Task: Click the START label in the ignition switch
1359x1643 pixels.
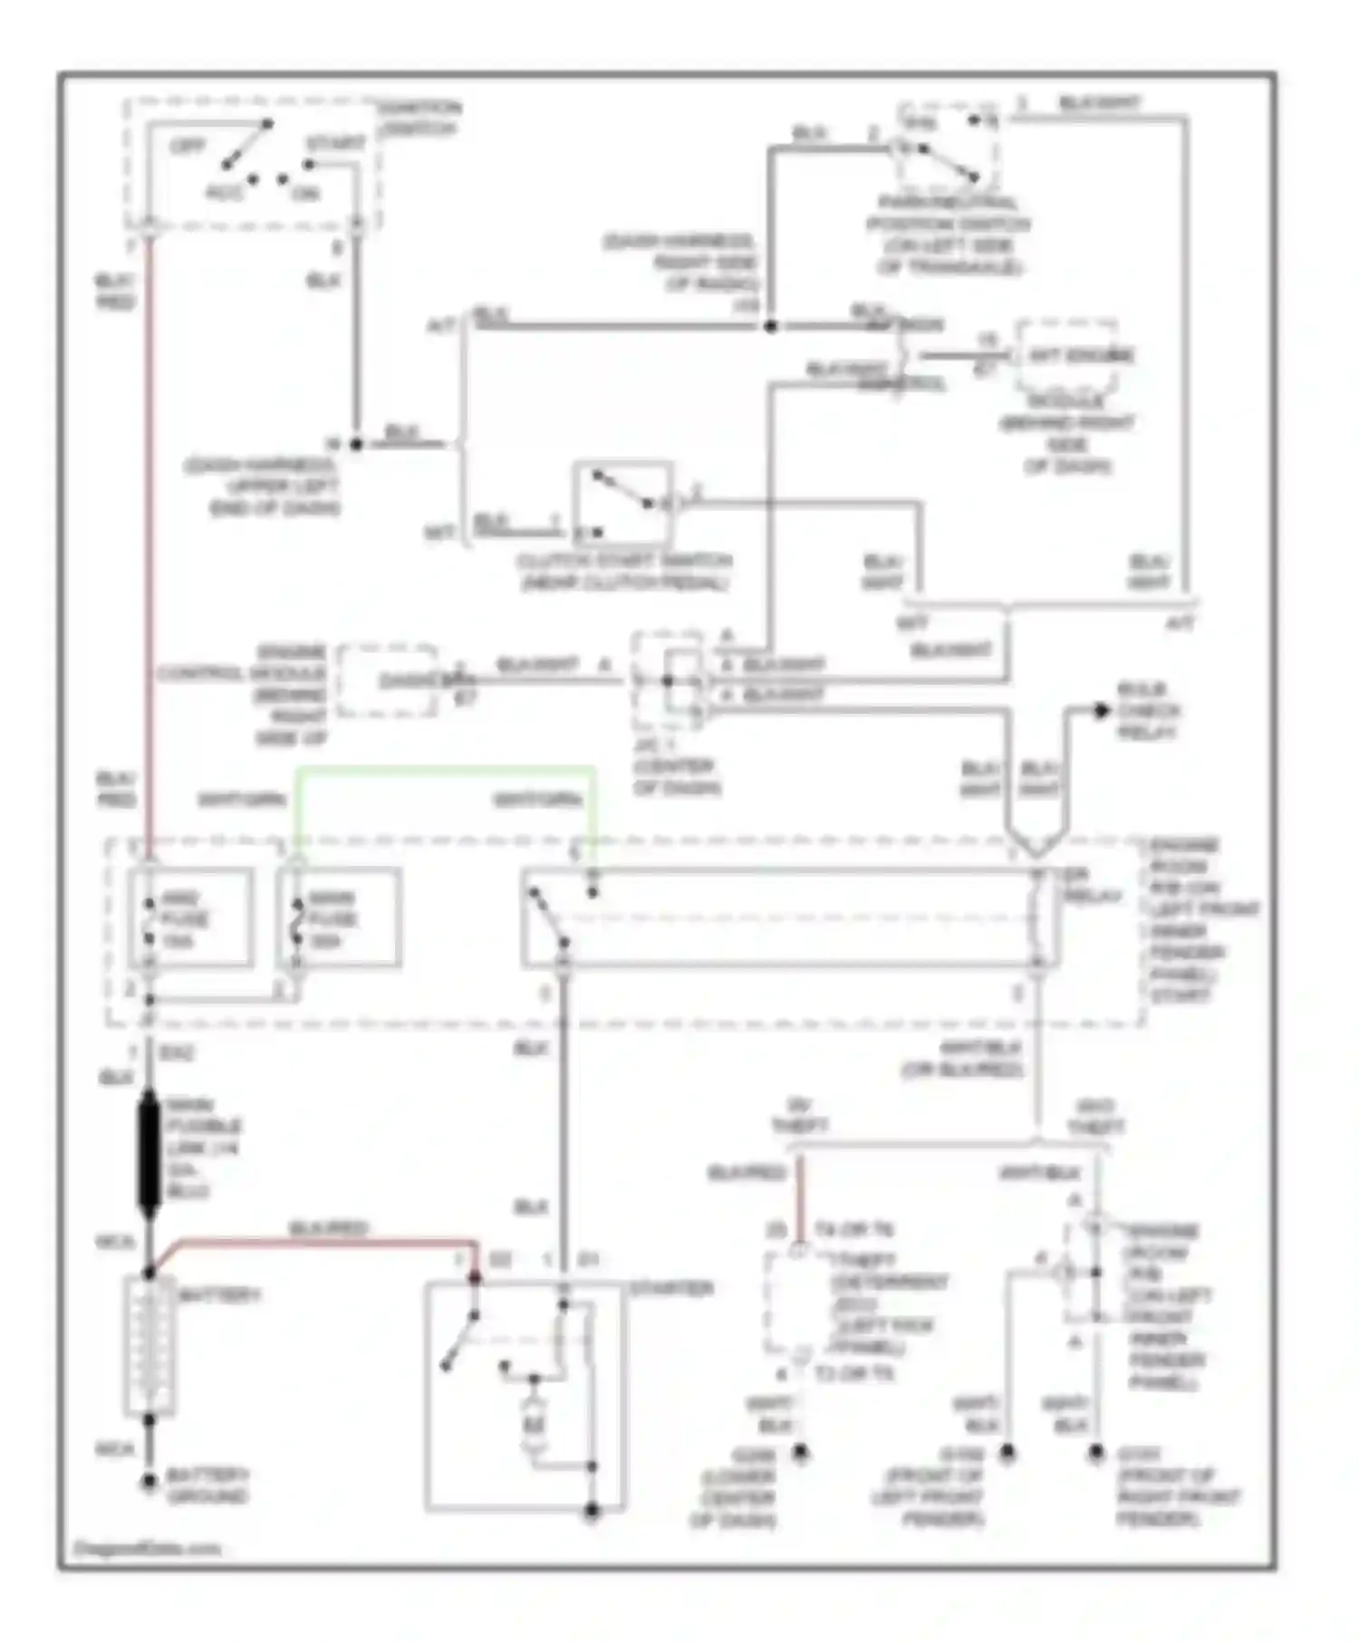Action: coord(335,144)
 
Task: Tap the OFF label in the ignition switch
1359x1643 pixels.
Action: coord(188,145)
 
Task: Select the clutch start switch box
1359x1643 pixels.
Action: coord(623,504)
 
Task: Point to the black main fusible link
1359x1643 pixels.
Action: coord(149,1152)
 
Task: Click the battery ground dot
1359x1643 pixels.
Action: coord(149,1482)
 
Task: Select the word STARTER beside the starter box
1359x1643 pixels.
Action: coord(670,1288)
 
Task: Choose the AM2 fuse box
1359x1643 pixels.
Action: coord(191,918)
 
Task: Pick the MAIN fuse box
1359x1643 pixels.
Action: coord(340,918)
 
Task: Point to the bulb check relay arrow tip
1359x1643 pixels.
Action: coord(1102,711)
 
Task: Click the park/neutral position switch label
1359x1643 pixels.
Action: coord(949,235)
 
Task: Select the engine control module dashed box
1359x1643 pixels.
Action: coord(388,681)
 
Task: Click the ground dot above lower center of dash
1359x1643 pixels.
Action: coord(800,1453)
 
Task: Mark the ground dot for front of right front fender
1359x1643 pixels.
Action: coord(1097,1454)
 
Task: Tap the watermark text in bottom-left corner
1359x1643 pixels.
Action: coord(147,1548)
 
